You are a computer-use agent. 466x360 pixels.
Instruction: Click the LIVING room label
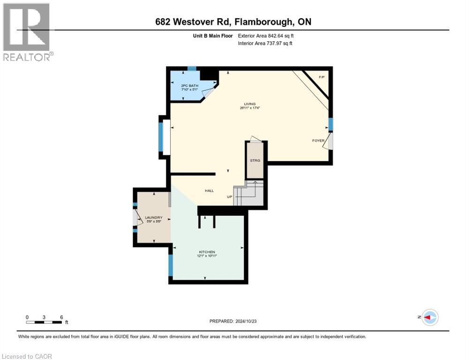(x=249, y=104)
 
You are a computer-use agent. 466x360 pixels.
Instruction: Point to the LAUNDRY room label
(x=153, y=217)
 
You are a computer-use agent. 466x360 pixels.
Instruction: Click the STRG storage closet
(x=255, y=160)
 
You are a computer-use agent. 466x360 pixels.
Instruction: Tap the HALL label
(x=209, y=190)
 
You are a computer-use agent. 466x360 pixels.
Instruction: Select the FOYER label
(x=318, y=140)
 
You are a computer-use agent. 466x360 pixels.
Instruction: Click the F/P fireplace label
(x=322, y=77)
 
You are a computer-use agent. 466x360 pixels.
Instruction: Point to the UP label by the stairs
(x=230, y=196)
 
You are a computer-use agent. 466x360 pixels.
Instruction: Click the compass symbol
(x=429, y=317)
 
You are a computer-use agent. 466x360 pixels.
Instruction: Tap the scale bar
(x=44, y=322)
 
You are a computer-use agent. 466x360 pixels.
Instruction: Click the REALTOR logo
(x=27, y=32)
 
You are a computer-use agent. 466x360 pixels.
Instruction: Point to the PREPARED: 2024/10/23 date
(x=233, y=321)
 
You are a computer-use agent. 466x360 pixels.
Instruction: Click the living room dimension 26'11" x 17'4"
(x=249, y=108)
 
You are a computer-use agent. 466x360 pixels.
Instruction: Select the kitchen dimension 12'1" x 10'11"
(x=207, y=256)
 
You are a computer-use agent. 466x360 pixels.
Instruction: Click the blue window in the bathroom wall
(x=191, y=68)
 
